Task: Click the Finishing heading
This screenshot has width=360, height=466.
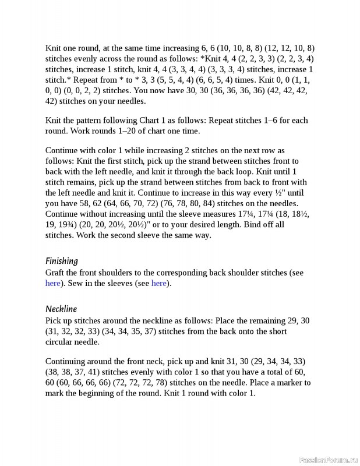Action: pyautogui.click(x=62, y=261)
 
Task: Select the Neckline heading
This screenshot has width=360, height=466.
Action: pyautogui.click(x=61, y=309)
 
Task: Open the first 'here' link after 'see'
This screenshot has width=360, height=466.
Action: pyautogui.click(x=52, y=284)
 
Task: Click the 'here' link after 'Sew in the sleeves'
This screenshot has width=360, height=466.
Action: pyautogui.click(x=158, y=284)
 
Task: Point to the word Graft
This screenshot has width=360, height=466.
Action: pyautogui.click(x=55, y=273)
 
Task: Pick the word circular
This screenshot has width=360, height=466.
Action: pyautogui.click(x=62, y=342)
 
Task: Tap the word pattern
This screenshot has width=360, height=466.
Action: pyautogui.click(x=91, y=121)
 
